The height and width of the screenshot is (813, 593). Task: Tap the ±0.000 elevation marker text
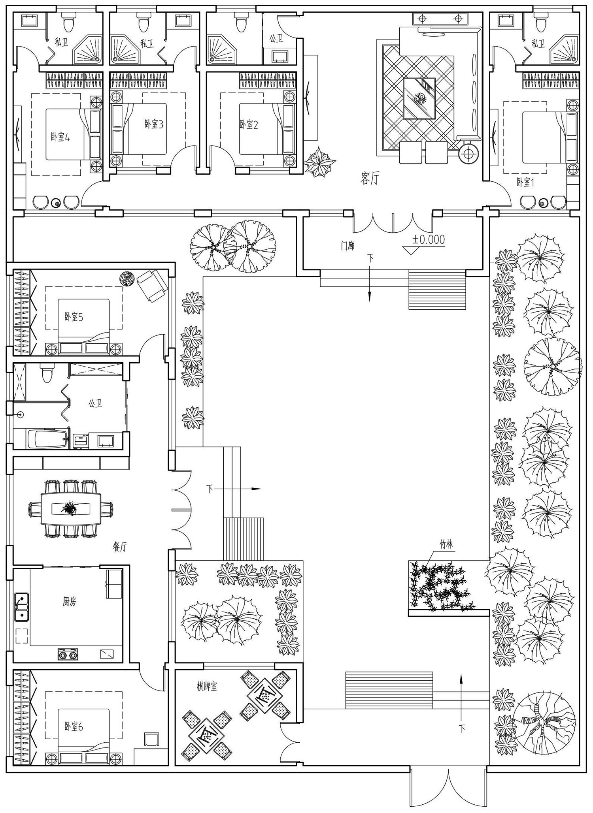pos(429,239)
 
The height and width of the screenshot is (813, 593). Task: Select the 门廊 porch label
pos(348,246)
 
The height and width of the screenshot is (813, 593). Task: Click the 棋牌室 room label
pos(207,686)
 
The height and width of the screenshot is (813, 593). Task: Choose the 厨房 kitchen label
pos(69,602)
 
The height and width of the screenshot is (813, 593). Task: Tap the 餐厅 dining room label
pos(119,547)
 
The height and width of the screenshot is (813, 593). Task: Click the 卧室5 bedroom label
pos(74,317)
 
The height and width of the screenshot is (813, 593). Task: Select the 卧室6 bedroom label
pos(74,726)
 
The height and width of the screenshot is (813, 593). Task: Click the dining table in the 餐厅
pos(70,508)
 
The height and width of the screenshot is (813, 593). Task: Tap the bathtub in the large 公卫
pos(47,439)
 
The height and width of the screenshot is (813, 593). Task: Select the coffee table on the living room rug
pos(419,98)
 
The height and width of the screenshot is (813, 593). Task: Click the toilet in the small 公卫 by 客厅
pos(240,23)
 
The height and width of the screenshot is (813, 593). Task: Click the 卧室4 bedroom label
pos(60,137)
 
